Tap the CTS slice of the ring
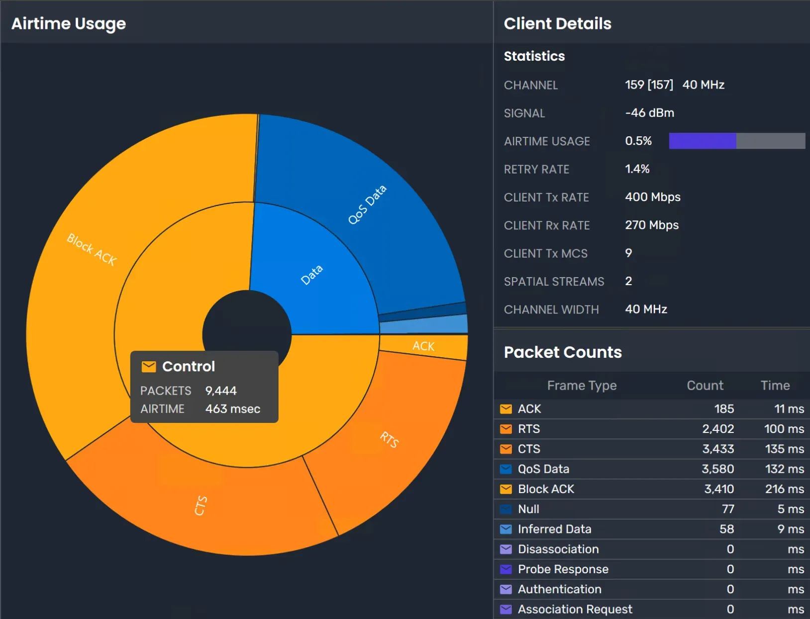pos(201,505)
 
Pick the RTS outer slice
pos(389,439)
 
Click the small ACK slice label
pos(423,346)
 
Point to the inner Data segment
pos(312,275)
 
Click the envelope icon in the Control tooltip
pos(149,367)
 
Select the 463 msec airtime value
pos(232,409)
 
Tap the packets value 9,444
pos(221,391)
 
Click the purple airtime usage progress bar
pos(702,141)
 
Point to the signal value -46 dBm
pos(649,113)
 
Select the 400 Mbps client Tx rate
pos(652,197)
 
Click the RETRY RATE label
pos(536,169)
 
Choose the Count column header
pos(705,386)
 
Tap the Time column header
pos(775,386)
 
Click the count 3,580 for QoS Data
pos(717,469)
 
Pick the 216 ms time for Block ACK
pos(784,489)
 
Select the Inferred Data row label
pos(554,529)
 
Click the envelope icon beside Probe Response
pos(506,569)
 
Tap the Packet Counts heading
pos(563,352)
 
